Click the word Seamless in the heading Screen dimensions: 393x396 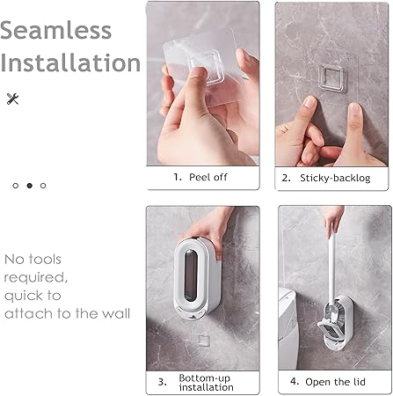tap(55, 30)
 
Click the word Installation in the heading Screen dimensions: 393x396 tap(70, 62)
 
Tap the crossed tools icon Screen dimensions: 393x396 tap(12, 99)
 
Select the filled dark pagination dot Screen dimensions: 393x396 tap(29, 186)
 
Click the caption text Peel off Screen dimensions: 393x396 tap(208, 177)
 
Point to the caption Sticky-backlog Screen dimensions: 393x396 tap(335, 178)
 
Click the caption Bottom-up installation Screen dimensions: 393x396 tap(207, 383)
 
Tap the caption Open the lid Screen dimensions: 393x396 tap(335, 382)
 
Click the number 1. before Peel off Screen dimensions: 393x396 tap(178, 177)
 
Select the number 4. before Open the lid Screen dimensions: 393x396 tap(295, 381)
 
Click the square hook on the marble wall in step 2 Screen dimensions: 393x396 tap(331, 78)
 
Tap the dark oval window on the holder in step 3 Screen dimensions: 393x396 tap(191, 275)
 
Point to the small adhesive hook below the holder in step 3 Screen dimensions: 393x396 tap(203, 341)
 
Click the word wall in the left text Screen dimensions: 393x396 tap(116, 313)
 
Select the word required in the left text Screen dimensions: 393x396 tap(35, 277)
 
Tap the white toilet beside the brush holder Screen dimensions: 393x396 tap(288, 328)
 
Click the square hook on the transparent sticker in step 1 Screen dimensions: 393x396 tap(207, 68)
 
